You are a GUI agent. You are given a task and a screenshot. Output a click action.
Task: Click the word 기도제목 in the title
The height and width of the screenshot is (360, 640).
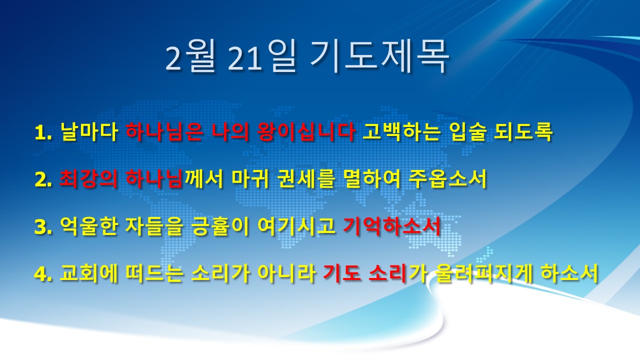pyautogui.click(x=379, y=56)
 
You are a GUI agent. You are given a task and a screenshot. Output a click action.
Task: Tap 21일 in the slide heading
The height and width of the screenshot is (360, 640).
pyautogui.click(x=261, y=57)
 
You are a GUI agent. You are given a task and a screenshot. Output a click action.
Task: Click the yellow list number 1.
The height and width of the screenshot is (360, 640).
pyautogui.click(x=43, y=132)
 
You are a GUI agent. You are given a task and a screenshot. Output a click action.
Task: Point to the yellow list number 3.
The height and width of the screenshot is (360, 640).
pyautogui.click(x=43, y=227)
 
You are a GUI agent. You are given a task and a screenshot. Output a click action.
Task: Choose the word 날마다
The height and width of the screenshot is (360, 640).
pyautogui.click(x=89, y=132)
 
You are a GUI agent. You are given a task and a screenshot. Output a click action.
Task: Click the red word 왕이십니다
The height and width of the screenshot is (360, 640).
pyautogui.click(x=306, y=132)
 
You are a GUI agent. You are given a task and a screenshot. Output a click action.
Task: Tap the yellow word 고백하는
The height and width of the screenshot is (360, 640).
pyautogui.click(x=400, y=132)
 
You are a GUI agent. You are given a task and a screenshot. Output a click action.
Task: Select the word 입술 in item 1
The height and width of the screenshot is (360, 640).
pyautogui.click(x=466, y=132)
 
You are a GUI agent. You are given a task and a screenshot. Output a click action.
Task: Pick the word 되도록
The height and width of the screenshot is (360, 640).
pyautogui.click(x=523, y=132)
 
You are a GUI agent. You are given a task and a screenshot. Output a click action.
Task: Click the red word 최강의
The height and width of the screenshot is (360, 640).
pyautogui.click(x=88, y=179)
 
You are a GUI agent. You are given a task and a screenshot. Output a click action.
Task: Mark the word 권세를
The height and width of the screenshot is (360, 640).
pyautogui.click(x=305, y=179)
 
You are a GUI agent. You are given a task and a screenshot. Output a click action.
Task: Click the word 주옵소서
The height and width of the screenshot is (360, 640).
pyautogui.click(x=447, y=179)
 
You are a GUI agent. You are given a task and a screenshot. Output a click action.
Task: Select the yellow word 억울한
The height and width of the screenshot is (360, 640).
pyautogui.click(x=89, y=226)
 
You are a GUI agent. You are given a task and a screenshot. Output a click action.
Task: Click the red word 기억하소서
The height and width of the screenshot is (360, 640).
pyautogui.click(x=391, y=226)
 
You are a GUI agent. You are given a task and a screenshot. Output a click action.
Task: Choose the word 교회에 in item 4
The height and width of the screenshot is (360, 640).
pyautogui.click(x=89, y=273)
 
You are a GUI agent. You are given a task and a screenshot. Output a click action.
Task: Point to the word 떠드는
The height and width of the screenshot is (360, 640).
pyautogui.click(x=154, y=273)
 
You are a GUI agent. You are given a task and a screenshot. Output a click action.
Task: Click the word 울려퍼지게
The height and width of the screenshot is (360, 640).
pyautogui.click(x=483, y=273)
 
